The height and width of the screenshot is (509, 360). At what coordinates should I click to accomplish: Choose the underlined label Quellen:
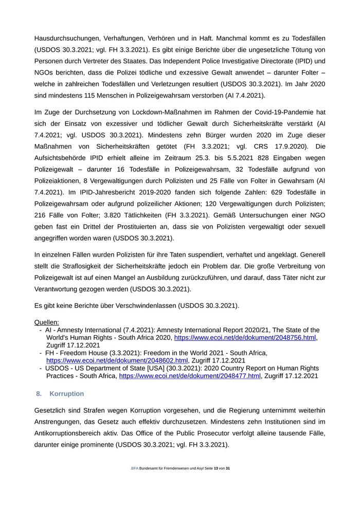click(47, 322)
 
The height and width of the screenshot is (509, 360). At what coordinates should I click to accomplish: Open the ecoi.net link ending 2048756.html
click(245, 338)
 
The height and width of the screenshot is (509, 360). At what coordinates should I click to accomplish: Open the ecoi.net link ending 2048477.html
click(190, 376)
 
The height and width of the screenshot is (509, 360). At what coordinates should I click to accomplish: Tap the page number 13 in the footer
click(216, 469)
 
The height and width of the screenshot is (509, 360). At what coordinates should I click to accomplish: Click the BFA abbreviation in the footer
click(135, 469)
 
